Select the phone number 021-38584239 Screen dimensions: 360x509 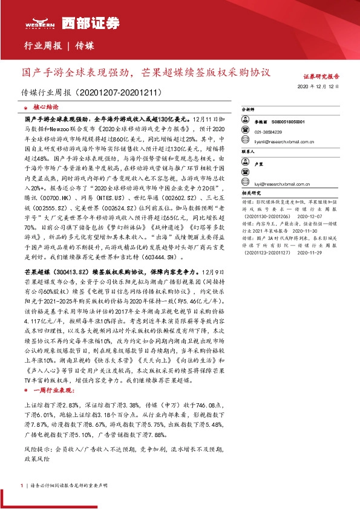(267, 131)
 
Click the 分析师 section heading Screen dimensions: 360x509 (249, 111)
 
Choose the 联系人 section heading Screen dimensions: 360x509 (249, 152)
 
